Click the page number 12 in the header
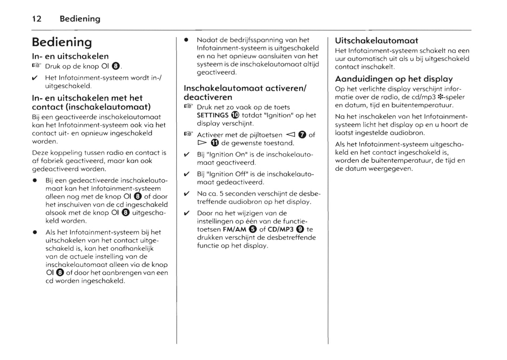click(x=37, y=19)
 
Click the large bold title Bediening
click(x=62, y=42)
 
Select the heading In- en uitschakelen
click(x=70, y=56)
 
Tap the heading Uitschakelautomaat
click(x=376, y=41)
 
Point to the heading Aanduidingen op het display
click(x=394, y=79)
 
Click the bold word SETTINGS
click(x=213, y=115)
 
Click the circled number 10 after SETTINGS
click(x=235, y=115)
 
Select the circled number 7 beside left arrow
click(x=302, y=135)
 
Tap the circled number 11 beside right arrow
click(x=215, y=143)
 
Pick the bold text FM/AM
click(x=234, y=229)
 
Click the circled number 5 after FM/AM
click(x=253, y=229)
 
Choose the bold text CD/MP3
click(x=280, y=229)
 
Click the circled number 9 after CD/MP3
click(x=300, y=229)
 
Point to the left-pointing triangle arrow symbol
click(x=291, y=135)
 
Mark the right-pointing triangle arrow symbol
click(x=202, y=143)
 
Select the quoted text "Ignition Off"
click(x=222, y=174)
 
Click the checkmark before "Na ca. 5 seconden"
click(x=187, y=194)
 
